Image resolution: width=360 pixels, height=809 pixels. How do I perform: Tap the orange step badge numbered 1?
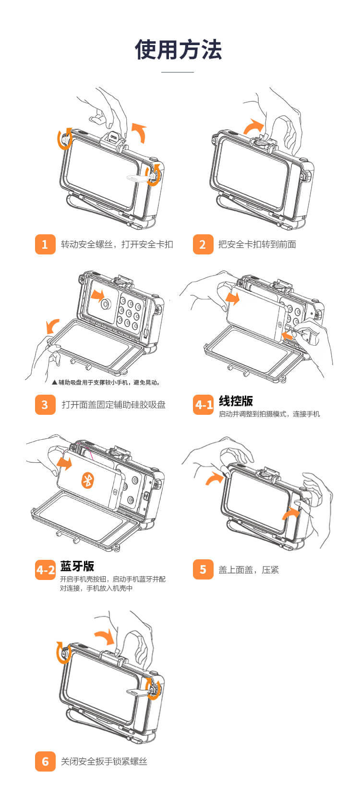tap(45, 244)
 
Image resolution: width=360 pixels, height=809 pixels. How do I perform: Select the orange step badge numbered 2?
tap(203, 244)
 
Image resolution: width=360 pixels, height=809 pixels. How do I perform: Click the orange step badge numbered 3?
tap(45, 404)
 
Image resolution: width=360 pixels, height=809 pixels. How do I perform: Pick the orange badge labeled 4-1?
tap(204, 404)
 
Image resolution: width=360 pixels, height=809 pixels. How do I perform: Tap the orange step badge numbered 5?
tap(203, 569)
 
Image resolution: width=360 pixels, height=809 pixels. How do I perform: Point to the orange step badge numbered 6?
tap(45, 761)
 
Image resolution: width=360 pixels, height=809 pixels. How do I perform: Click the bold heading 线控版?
tap(236, 401)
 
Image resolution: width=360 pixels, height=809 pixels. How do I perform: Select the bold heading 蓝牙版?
tap(77, 566)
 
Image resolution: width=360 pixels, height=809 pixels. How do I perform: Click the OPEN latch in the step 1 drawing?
tap(113, 138)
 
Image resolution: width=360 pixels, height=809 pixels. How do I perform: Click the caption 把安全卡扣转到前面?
tap(257, 244)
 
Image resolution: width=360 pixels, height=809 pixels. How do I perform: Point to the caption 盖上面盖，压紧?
tap(249, 570)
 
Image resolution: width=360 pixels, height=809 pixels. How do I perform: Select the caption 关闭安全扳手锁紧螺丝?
tap(104, 761)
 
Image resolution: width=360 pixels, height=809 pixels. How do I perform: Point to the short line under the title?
tap(177, 72)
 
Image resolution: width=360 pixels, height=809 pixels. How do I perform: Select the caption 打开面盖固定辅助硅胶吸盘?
tap(113, 404)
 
